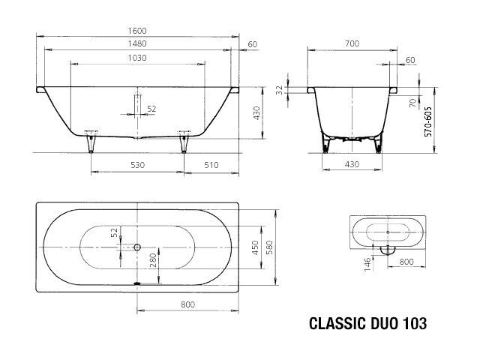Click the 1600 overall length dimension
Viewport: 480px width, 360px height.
click(x=137, y=31)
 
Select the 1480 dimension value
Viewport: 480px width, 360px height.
click(x=137, y=43)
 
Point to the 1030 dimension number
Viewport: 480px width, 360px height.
click(x=137, y=58)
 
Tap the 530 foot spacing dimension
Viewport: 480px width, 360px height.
click(x=137, y=165)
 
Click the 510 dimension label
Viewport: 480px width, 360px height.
click(x=211, y=165)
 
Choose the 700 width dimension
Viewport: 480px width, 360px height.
click(x=352, y=43)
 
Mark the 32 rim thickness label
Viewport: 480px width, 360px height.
click(x=280, y=90)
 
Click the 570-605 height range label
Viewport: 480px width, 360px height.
click(x=428, y=121)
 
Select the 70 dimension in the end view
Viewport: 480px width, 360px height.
click(x=413, y=103)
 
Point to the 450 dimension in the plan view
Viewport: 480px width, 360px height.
click(x=256, y=247)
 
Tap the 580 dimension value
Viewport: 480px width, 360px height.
click(x=269, y=247)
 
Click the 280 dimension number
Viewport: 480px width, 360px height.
click(x=153, y=260)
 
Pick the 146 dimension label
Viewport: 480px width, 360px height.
click(x=367, y=264)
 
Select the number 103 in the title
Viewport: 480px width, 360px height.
click(x=415, y=323)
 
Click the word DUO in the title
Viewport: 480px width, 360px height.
click(x=385, y=323)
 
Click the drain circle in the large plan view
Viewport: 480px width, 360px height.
click(x=137, y=247)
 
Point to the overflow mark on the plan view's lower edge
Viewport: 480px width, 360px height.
click(x=137, y=283)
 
